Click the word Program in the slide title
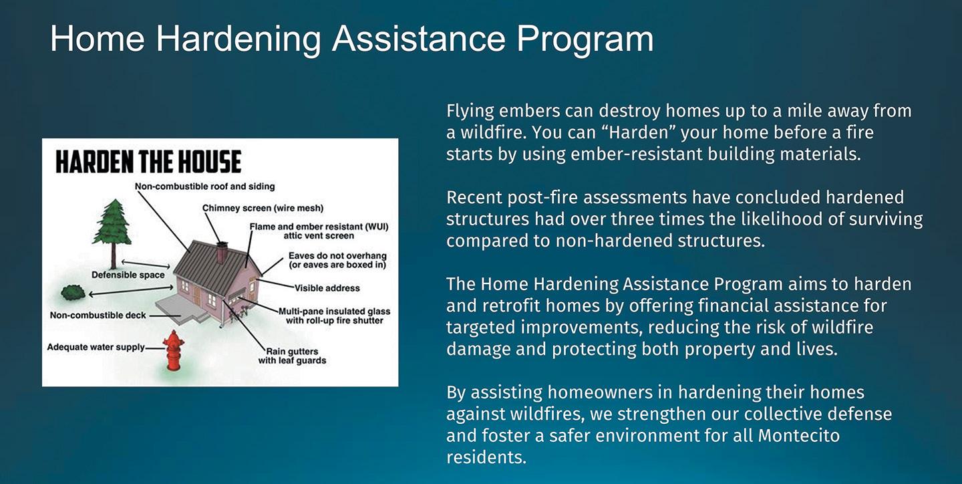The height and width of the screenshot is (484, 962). (585, 39)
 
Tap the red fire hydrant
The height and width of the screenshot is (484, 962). (174, 350)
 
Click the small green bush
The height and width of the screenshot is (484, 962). (73, 293)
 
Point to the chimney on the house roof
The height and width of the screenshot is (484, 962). (222, 253)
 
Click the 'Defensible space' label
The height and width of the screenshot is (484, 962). (128, 275)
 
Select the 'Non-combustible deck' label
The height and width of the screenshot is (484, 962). (98, 315)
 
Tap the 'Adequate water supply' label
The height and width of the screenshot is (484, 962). (96, 347)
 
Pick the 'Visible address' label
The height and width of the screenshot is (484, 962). (327, 288)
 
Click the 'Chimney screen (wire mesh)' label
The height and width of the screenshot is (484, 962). (263, 208)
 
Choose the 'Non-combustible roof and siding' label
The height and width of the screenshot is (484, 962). (205, 187)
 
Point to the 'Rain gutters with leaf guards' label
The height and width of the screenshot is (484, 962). (292, 356)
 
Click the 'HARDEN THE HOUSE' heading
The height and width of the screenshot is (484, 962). (148, 162)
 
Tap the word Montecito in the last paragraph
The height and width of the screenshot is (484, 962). (799, 435)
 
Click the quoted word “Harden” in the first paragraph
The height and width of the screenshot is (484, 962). (638, 132)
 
